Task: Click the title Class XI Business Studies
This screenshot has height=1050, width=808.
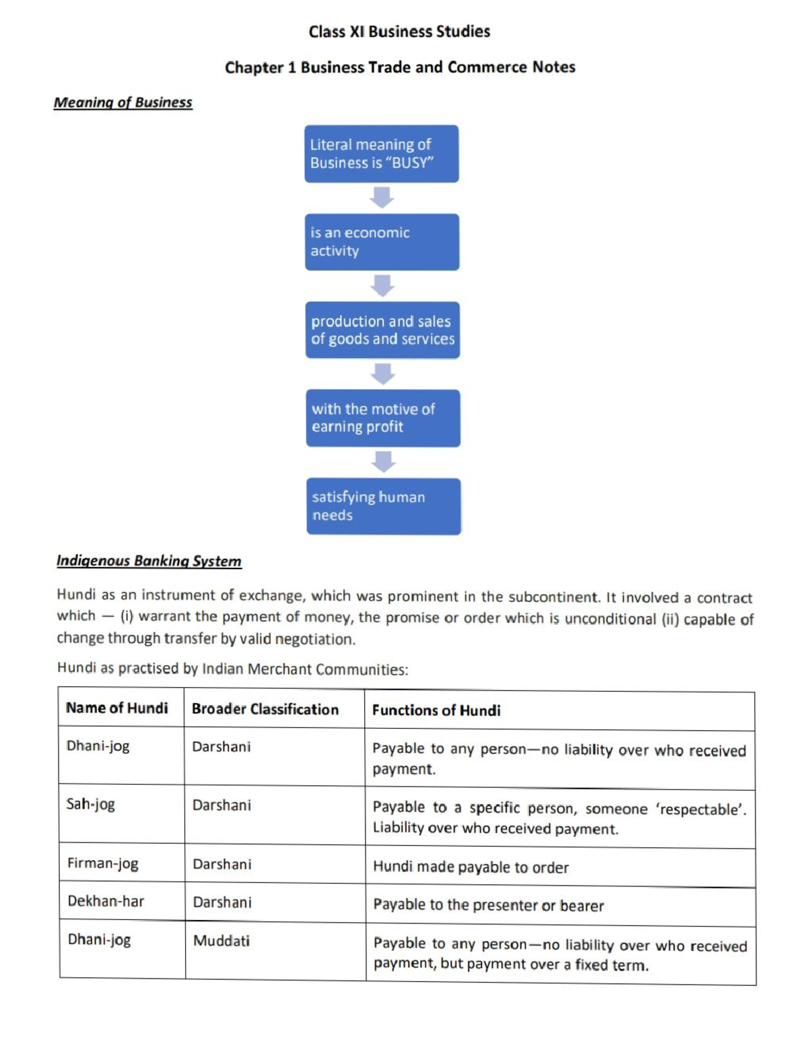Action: point(399,32)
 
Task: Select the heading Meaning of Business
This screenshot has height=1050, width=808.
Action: point(123,102)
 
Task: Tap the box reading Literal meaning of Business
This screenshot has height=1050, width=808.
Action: point(381,154)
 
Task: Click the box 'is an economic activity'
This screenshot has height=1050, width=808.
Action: point(382,242)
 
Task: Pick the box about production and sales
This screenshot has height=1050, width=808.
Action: point(382,330)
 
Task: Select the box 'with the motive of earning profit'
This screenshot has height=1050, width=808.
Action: point(382,418)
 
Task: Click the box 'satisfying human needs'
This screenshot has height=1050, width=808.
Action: point(383,506)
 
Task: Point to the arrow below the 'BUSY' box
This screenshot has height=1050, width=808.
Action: point(382,197)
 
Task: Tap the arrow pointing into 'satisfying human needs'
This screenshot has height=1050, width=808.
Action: point(383,462)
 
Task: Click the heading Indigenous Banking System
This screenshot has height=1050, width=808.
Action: point(149,561)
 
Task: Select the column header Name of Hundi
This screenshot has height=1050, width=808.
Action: point(117,708)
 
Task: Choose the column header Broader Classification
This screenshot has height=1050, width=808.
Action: point(265,709)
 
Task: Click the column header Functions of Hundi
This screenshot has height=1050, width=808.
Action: point(436,711)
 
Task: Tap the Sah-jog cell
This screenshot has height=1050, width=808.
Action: point(91,804)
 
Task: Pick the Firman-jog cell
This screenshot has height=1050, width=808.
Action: point(103,863)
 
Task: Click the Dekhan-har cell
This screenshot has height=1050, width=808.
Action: point(106,901)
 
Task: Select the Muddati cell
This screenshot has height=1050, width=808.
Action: point(222,941)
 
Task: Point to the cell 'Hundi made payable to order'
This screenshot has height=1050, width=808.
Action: point(471,867)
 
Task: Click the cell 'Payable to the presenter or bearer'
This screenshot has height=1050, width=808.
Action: point(488,905)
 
